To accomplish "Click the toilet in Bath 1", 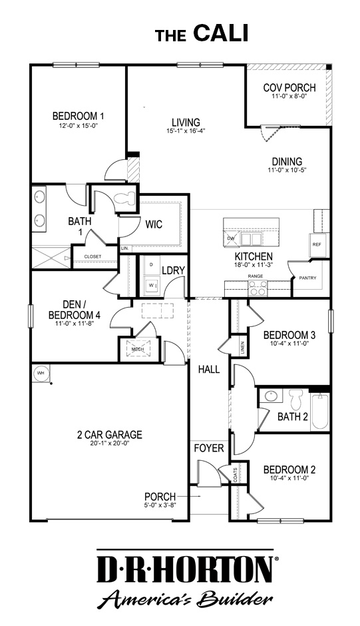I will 125,198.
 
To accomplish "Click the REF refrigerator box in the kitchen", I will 317,244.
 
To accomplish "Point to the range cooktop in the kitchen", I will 257,288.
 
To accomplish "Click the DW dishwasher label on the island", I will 231,238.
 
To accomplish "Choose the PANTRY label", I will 308,278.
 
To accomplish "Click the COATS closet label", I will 236,473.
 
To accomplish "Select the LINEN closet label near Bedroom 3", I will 243,348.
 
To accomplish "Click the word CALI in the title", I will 221,33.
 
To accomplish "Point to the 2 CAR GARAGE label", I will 110,436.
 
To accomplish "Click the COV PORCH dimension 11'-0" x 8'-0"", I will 289,97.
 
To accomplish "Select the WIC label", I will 154,224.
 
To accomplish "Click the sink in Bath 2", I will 271,396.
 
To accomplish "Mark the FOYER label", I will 209,448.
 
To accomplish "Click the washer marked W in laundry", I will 151,285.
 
